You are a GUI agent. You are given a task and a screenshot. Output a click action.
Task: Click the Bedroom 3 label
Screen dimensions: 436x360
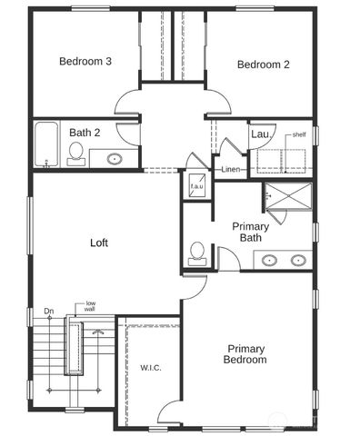point(85,62)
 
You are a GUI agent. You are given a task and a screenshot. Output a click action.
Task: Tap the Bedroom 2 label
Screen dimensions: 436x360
point(263,64)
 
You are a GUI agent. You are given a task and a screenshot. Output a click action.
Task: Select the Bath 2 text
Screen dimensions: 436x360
point(85,133)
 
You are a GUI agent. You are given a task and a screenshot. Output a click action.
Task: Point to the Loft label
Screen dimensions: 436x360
point(99,243)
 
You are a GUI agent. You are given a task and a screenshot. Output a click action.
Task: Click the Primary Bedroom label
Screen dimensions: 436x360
point(246,354)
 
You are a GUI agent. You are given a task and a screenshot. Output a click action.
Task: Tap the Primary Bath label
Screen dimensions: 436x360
point(249,232)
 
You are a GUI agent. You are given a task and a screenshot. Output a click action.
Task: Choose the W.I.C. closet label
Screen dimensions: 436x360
point(150,367)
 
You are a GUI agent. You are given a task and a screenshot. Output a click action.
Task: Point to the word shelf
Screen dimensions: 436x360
point(299,134)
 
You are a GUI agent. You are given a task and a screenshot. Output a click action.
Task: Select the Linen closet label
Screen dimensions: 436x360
point(231,169)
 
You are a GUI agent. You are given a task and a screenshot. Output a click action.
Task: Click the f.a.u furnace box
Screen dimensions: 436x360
point(197,187)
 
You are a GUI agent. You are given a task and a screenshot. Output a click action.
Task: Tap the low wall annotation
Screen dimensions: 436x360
point(91,307)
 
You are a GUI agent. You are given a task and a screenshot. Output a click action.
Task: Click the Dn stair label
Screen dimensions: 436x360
point(48,311)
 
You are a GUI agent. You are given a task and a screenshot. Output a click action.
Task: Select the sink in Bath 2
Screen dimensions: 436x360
point(115,159)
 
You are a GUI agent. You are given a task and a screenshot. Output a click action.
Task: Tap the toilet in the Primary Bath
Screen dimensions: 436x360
point(196,253)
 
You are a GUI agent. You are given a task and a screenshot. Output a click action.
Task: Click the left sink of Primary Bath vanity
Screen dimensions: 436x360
point(270,261)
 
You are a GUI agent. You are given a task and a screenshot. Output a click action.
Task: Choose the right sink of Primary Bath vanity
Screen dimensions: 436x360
point(297,261)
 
